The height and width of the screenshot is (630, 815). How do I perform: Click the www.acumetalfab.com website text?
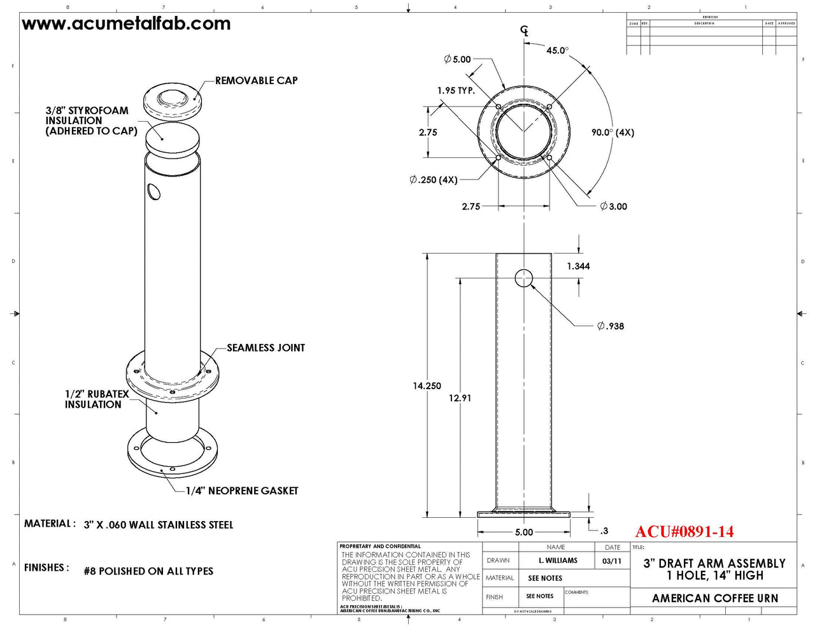tap(126, 24)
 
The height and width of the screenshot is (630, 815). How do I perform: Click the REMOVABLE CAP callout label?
tap(256, 81)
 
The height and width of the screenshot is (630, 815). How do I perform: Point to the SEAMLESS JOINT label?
tap(266, 348)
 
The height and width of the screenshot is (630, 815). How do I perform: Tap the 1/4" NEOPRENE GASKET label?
tap(242, 491)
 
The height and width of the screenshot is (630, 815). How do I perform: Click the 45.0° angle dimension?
tap(557, 50)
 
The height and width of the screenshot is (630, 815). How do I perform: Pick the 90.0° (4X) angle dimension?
tap(612, 132)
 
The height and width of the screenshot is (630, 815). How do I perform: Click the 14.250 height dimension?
tap(427, 386)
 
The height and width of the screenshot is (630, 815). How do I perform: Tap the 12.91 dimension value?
tap(460, 398)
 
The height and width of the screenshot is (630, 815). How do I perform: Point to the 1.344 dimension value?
tap(578, 266)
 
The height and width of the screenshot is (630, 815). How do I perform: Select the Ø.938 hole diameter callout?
tap(611, 326)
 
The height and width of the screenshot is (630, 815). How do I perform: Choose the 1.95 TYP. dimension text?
tap(456, 90)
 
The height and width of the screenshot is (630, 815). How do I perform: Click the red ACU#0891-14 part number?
tap(684, 532)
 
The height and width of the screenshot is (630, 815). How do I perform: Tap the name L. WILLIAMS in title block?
tap(558, 561)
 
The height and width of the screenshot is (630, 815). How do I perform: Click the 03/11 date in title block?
tap(612, 561)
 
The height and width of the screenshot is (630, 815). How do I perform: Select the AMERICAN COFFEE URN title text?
tap(714, 598)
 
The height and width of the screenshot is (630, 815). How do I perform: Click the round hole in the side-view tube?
tap(523, 278)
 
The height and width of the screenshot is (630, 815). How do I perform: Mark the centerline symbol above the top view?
tap(525, 31)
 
